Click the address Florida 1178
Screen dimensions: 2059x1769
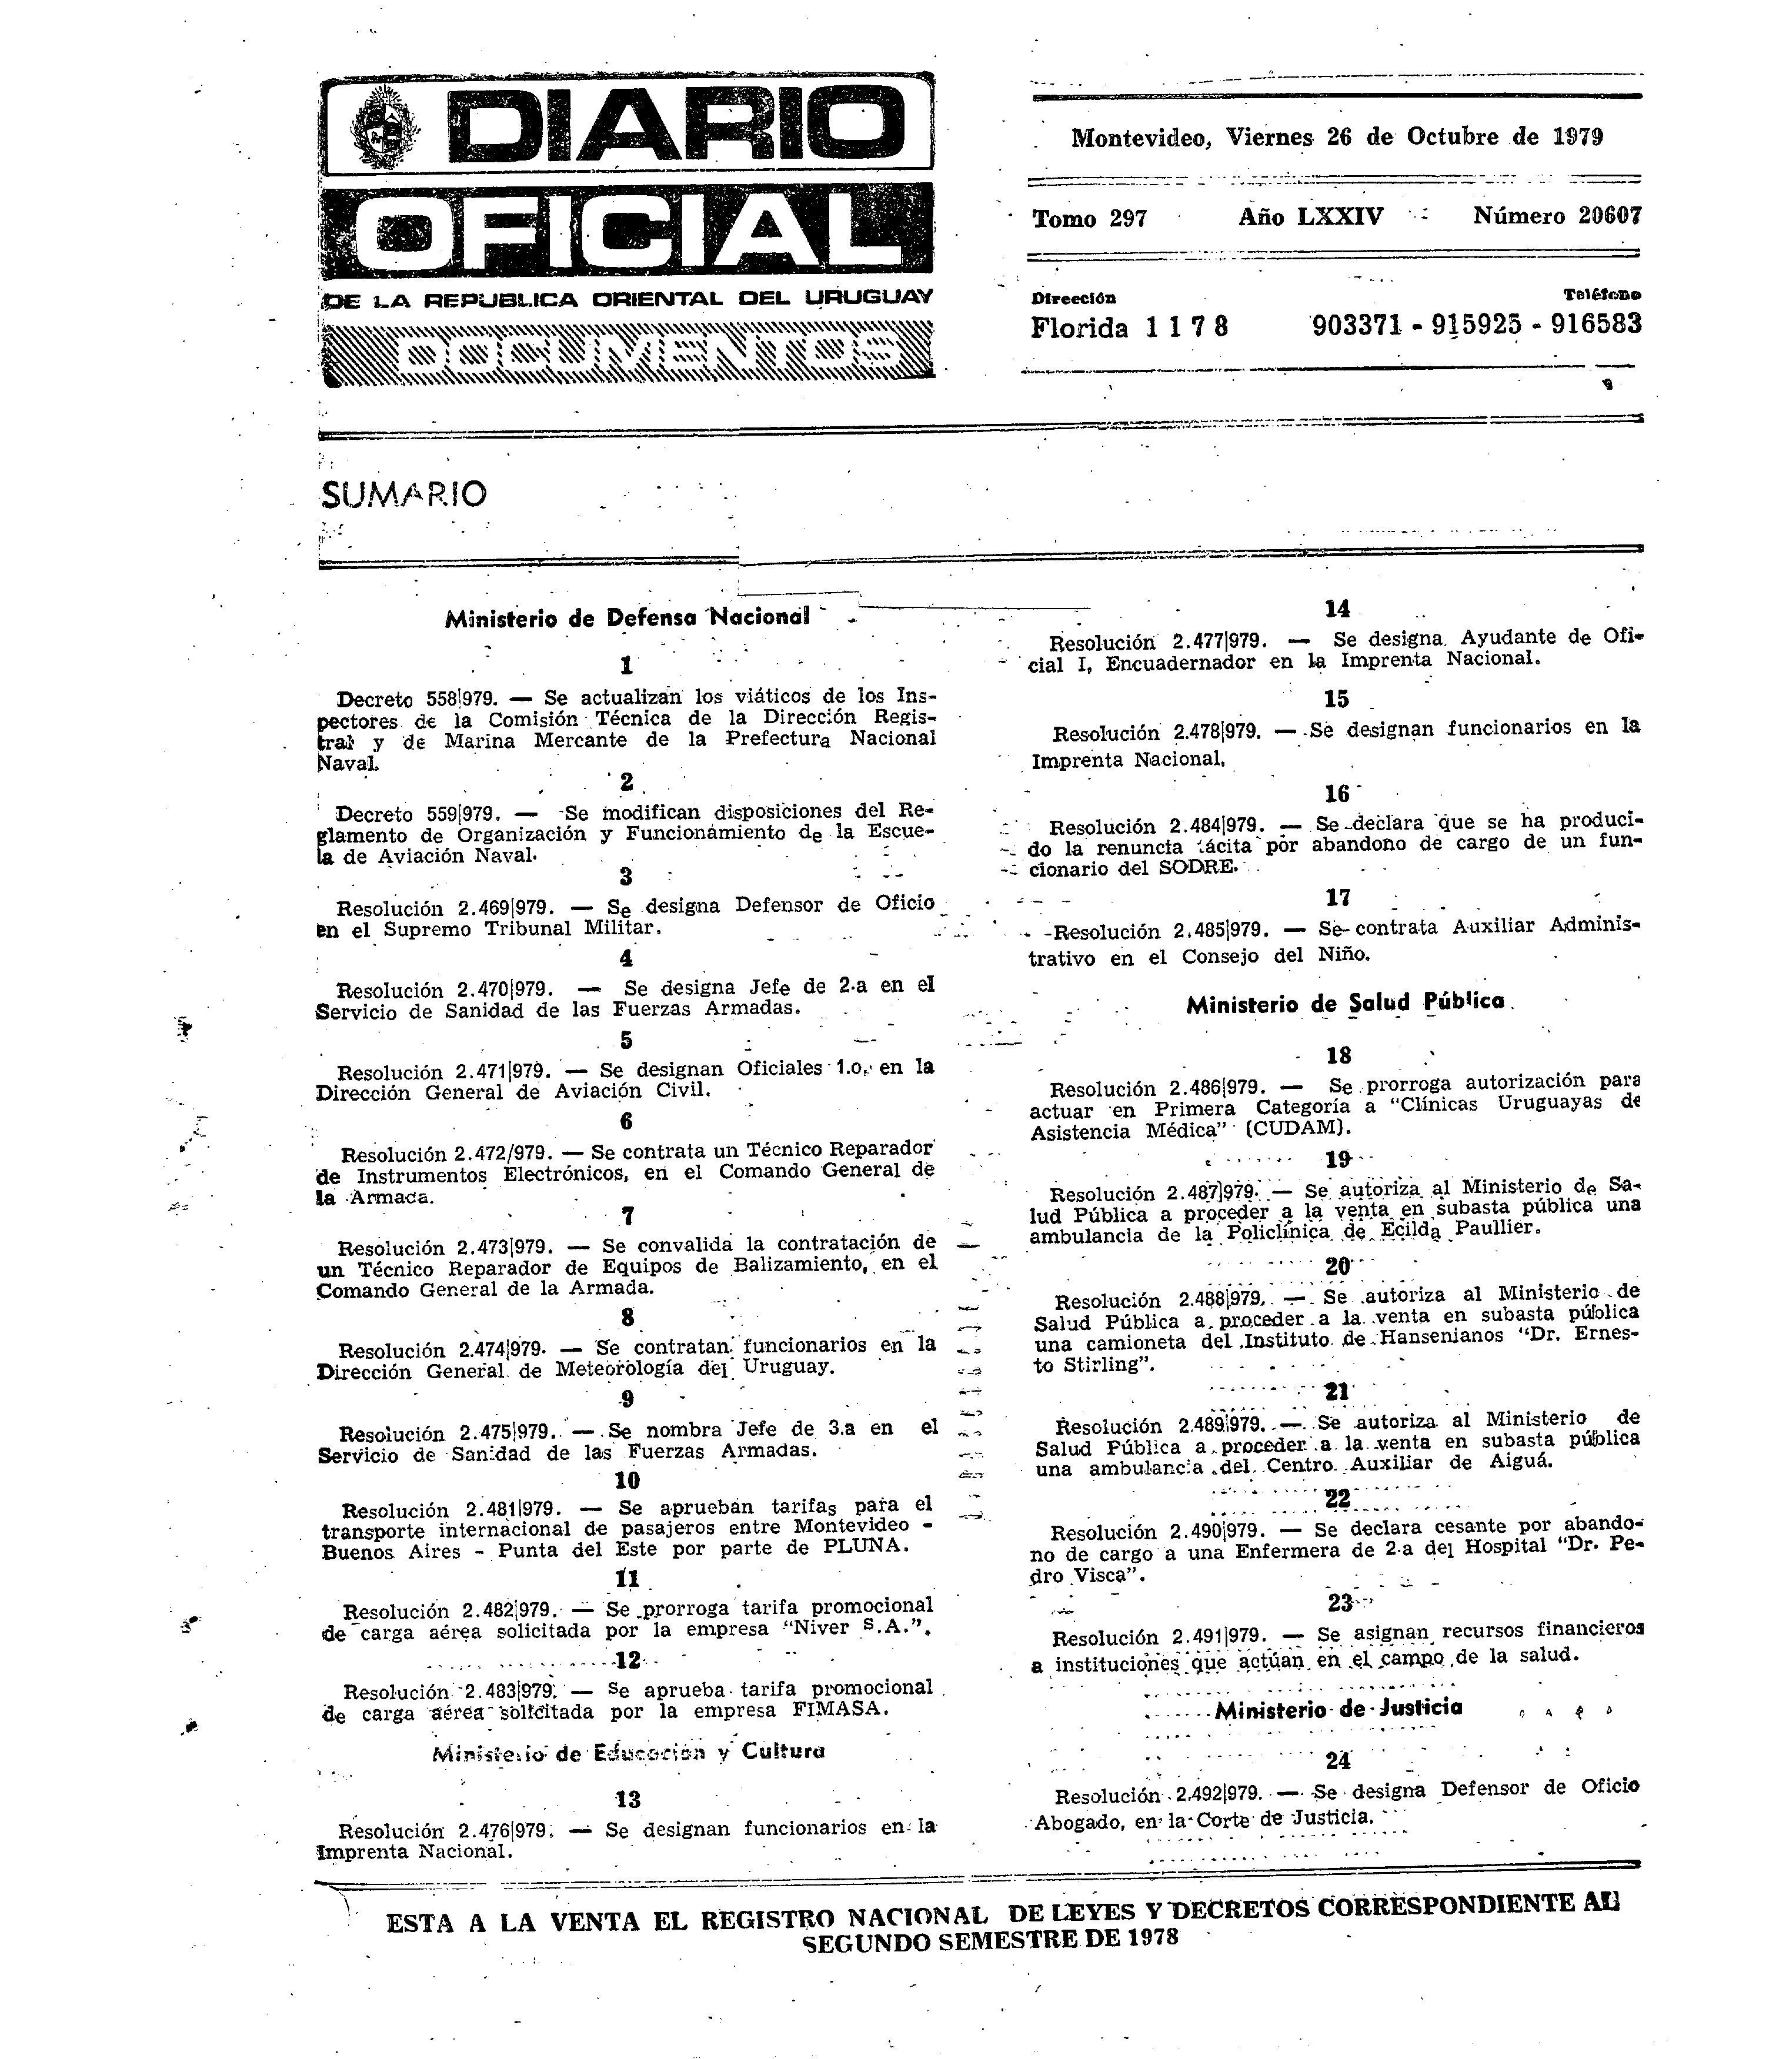click(1129, 327)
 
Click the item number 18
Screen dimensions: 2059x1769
click(1338, 1055)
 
